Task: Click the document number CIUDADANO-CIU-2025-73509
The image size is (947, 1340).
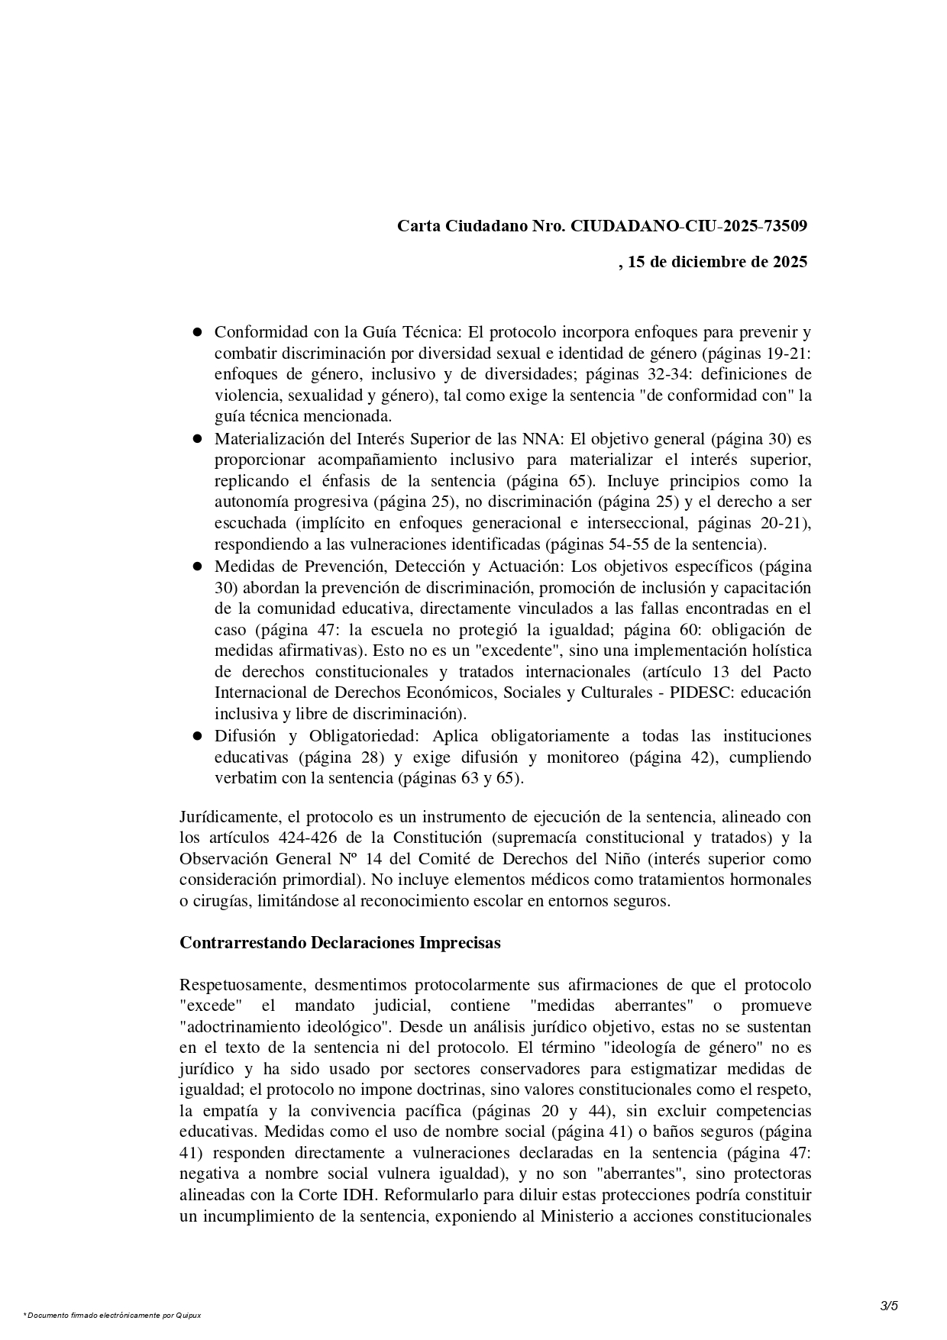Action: (x=689, y=226)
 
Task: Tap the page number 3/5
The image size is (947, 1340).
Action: (x=889, y=1306)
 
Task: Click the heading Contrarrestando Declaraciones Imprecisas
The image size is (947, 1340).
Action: (x=340, y=943)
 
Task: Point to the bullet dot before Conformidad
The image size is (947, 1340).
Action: (x=197, y=332)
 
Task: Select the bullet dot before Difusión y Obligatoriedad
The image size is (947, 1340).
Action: (x=197, y=737)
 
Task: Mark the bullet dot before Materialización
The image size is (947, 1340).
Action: (x=197, y=439)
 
